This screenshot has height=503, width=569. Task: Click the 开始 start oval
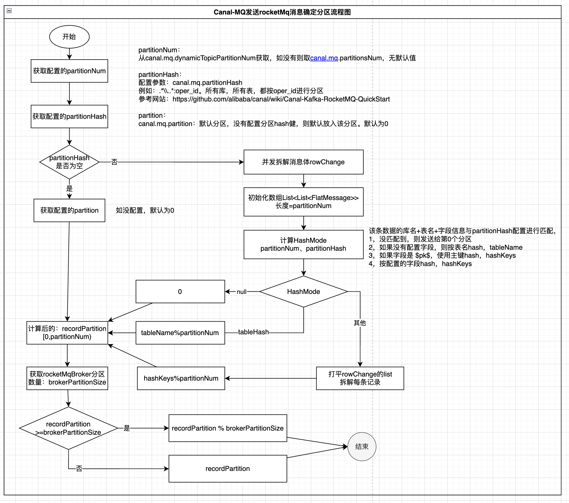pos(69,37)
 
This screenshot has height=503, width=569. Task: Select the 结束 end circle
pos(362,446)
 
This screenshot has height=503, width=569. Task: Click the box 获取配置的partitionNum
pos(69,71)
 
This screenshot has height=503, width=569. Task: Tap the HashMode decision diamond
pos(303,292)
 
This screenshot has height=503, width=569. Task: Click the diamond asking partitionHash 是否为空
pos(69,162)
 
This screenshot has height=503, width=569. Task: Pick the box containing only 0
pos(180,292)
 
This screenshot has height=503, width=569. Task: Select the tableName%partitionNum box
pos(180,333)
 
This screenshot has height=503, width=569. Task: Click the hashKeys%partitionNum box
pos(181,378)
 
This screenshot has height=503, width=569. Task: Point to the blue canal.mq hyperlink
pos(324,58)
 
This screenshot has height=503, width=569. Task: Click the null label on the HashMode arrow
pos(241,292)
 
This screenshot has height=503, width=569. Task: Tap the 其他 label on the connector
pos(360,323)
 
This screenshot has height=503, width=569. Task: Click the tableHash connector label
pos(253,332)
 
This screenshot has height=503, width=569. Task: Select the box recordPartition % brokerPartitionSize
pos(227,428)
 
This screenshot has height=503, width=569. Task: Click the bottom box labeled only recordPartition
pos(227,468)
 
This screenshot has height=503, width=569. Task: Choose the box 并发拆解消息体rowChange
pos(303,162)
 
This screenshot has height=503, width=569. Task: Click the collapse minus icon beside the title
pos(9,11)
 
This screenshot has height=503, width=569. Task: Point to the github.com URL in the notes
pos(281,99)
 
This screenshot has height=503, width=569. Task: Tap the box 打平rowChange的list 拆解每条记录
pos(360,378)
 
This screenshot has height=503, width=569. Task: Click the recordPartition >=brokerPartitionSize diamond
pos(68,428)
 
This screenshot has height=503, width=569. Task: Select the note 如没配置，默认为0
pos(145,210)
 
